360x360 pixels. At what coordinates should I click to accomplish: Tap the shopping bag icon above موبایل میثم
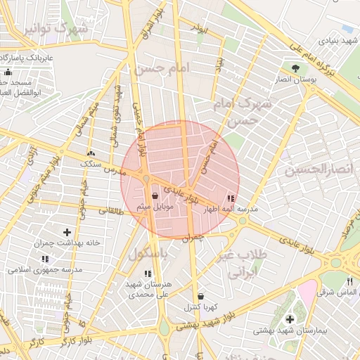point(155,196)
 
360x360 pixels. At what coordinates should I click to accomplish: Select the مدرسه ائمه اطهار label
point(241,210)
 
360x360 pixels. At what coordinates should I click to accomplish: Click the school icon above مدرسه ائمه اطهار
point(232,200)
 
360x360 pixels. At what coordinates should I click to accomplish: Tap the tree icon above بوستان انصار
point(295,68)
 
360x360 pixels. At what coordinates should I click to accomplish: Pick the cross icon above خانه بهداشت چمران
point(67,232)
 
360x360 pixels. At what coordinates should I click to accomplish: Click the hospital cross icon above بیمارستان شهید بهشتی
point(290,319)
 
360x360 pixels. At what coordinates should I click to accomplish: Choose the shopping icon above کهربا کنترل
point(202,297)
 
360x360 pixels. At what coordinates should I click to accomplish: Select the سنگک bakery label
point(91,163)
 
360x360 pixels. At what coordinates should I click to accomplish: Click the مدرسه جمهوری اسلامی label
point(45,269)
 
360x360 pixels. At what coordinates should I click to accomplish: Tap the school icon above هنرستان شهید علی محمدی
point(147,274)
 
